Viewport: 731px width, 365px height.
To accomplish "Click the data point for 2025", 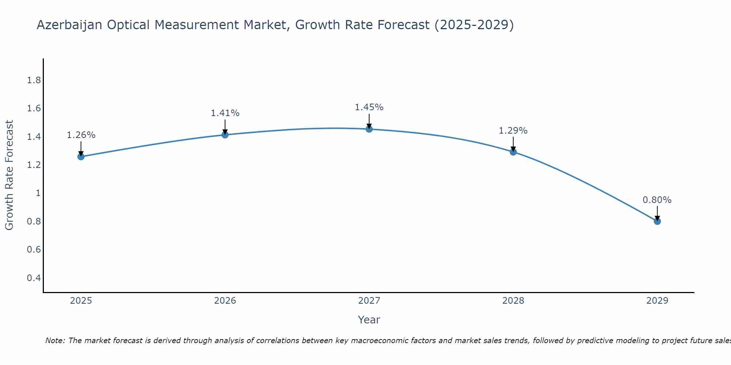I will [81, 157].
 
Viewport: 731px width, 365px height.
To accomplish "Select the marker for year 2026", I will [225, 135].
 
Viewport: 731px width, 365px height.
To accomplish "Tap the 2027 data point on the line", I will [369, 129].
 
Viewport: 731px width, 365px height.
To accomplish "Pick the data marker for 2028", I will [513, 152].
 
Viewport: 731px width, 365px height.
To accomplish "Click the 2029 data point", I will [657, 221].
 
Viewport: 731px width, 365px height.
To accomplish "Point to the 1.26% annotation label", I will [81, 135].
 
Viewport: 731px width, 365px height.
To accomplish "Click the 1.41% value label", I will [225, 113].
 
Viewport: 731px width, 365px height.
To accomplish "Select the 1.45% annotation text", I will [369, 107].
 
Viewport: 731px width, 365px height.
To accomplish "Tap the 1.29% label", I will [513, 131].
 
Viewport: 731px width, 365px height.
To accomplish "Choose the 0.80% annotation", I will [657, 200].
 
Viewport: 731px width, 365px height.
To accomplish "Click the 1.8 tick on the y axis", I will [34, 80].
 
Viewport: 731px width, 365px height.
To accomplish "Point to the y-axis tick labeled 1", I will [38, 193].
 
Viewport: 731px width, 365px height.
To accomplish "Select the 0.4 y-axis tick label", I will [34, 278].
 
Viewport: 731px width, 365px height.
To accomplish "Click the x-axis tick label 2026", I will [225, 301].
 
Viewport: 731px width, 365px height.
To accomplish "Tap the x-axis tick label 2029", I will [657, 301].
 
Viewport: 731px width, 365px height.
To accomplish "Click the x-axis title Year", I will [369, 320].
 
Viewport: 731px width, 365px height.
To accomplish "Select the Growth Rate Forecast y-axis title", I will [9, 175].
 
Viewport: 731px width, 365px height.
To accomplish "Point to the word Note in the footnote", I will [55, 341].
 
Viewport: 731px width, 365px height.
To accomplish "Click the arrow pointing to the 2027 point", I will [369, 121].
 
